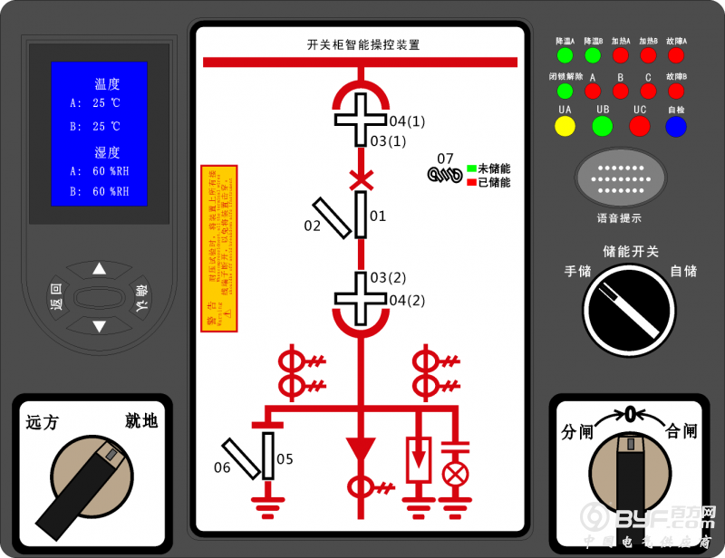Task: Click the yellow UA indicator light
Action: point(565,127)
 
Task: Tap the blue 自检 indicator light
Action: point(676,127)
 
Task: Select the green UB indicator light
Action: point(603,127)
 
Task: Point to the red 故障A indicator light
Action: point(676,55)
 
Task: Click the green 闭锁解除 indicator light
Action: point(565,91)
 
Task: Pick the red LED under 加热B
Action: point(648,55)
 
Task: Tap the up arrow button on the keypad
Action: point(99,269)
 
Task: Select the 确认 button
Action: point(140,297)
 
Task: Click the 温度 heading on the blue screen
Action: point(107,84)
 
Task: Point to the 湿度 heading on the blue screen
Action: point(107,152)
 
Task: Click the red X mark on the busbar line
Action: point(361,178)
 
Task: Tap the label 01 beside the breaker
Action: point(378,216)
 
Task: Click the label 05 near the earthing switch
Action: point(285,459)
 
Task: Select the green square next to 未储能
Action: point(472,168)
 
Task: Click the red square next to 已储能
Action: point(472,182)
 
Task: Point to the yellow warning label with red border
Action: point(218,246)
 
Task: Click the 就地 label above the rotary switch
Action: point(141,420)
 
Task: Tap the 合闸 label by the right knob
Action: point(681,431)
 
